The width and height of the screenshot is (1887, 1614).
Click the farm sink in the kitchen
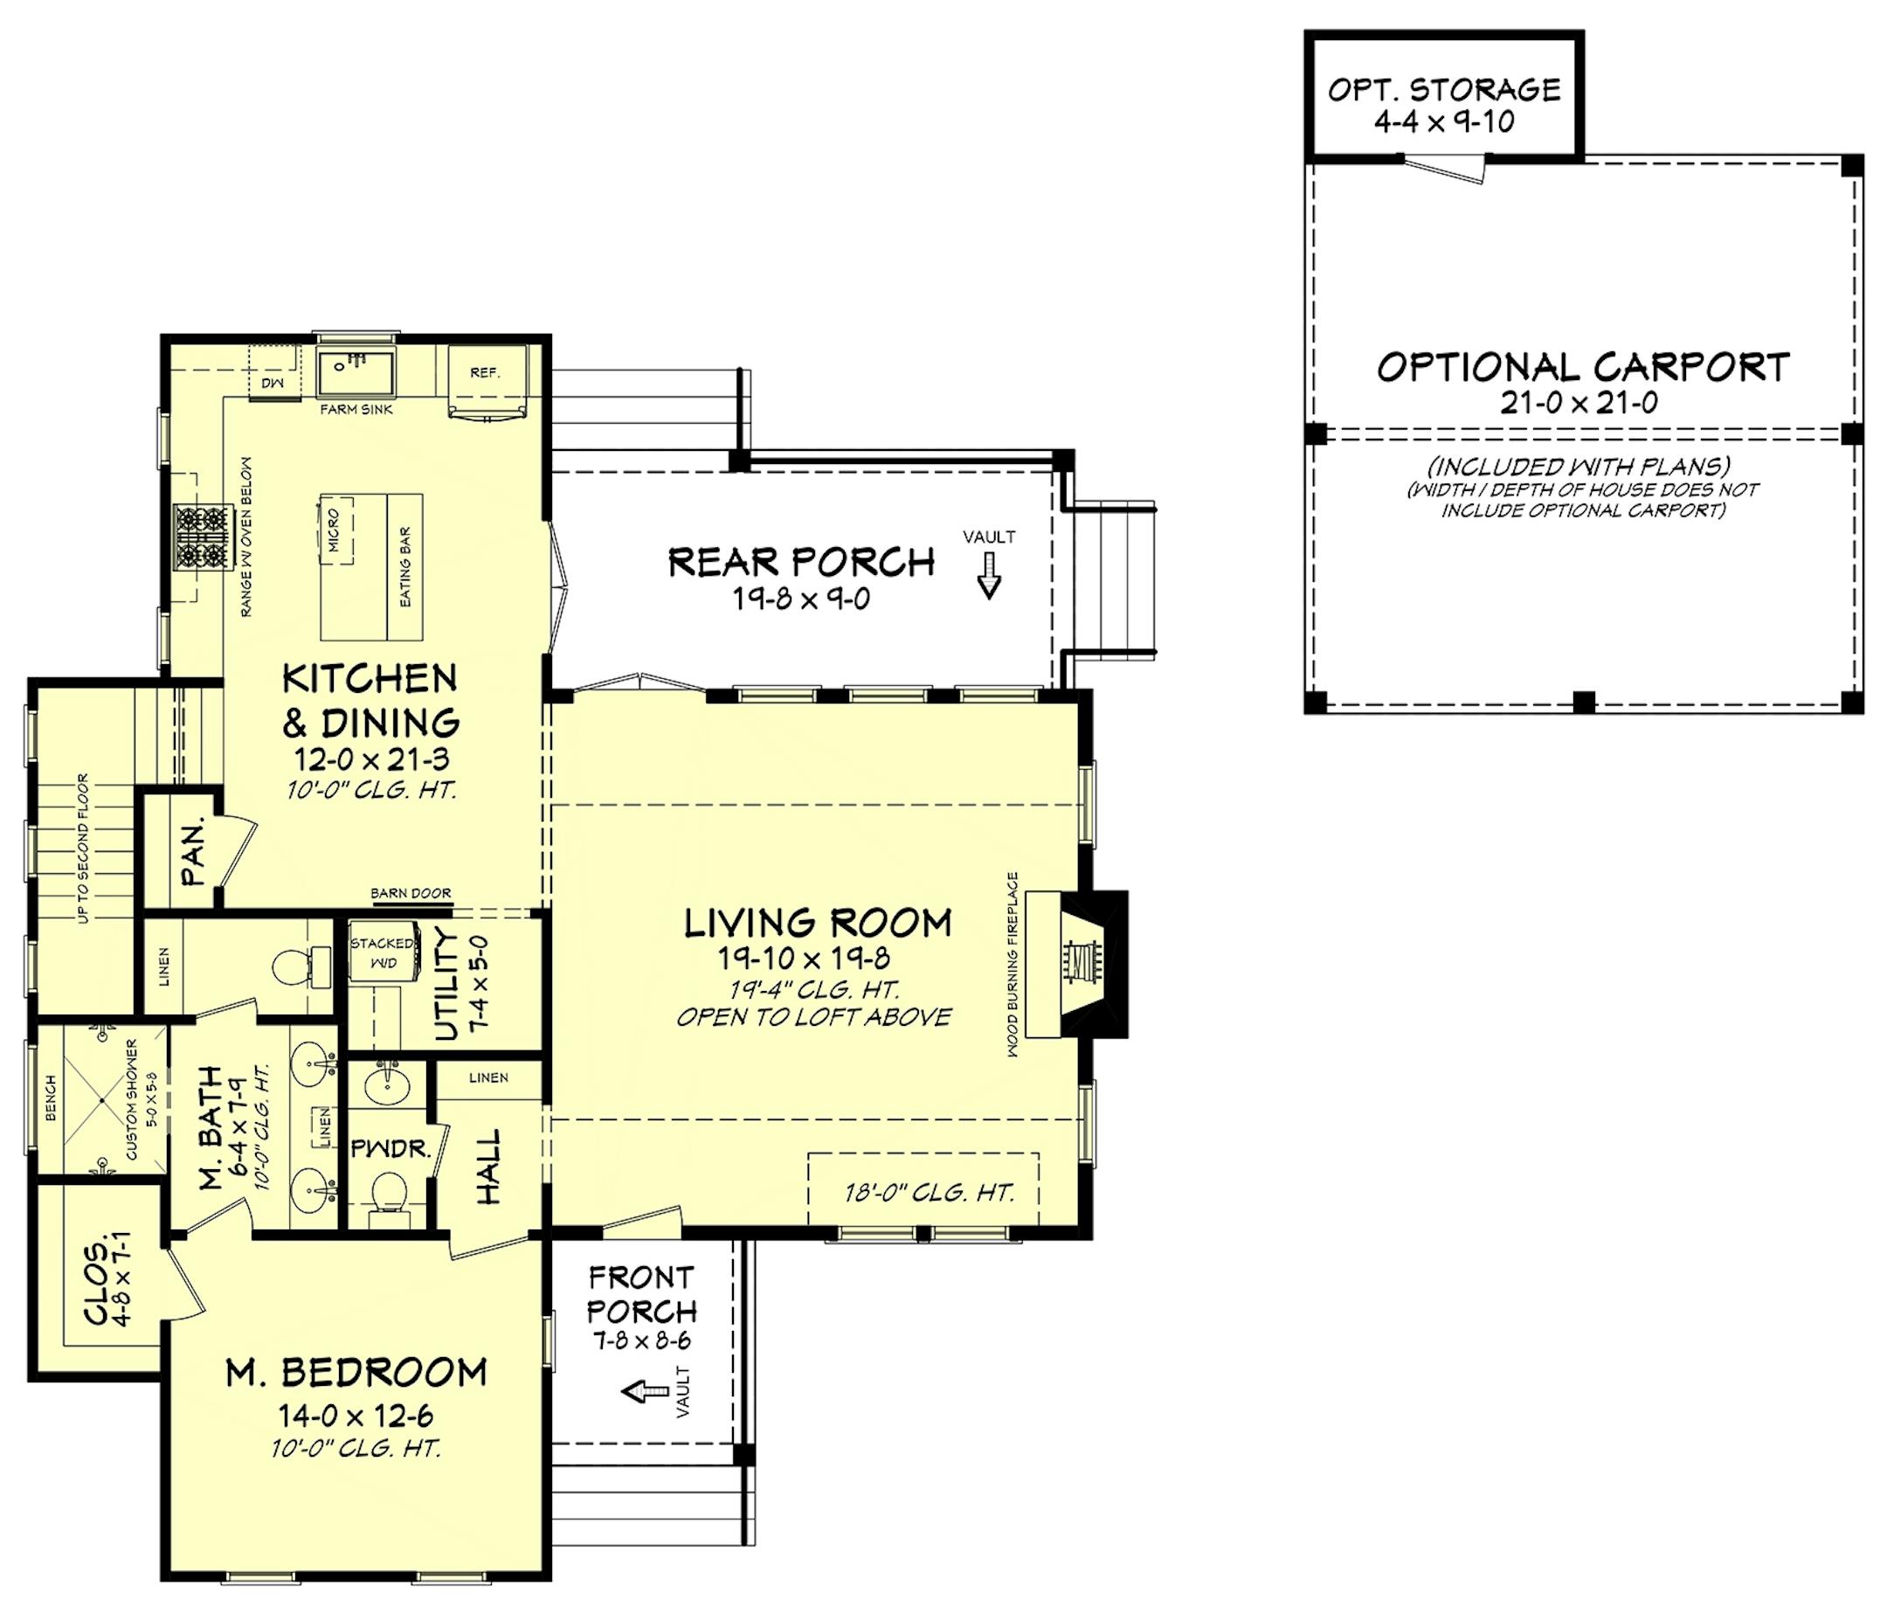[x=356, y=370]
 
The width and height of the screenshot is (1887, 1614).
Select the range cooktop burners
[x=201, y=537]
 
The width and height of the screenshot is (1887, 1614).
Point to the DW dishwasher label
[x=273, y=384]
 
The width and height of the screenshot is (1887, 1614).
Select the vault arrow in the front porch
[x=644, y=1391]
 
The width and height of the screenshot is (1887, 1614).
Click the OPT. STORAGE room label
[x=1443, y=90]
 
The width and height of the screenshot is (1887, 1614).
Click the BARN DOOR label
[x=411, y=894]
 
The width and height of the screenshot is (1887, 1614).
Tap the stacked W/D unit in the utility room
[x=383, y=953]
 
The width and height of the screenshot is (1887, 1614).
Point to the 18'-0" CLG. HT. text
[x=929, y=1192]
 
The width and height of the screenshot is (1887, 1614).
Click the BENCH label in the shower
[x=51, y=1098]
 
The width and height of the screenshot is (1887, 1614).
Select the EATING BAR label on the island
[x=406, y=566]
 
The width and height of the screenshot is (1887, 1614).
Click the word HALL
[x=489, y=1167]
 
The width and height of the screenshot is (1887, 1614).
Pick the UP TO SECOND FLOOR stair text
[x=84, y=848]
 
